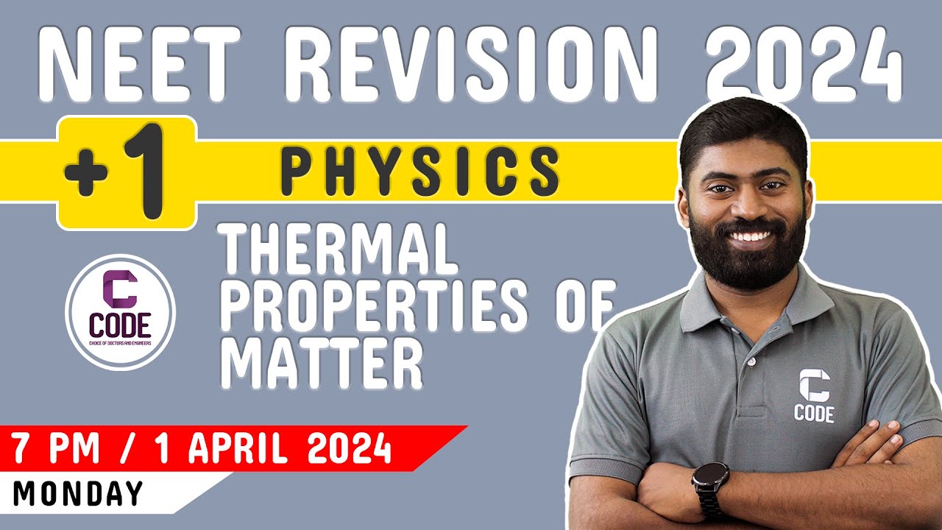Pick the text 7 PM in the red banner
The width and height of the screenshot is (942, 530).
56,448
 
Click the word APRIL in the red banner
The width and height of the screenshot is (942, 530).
238,448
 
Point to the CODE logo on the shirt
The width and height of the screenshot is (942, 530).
813,396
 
